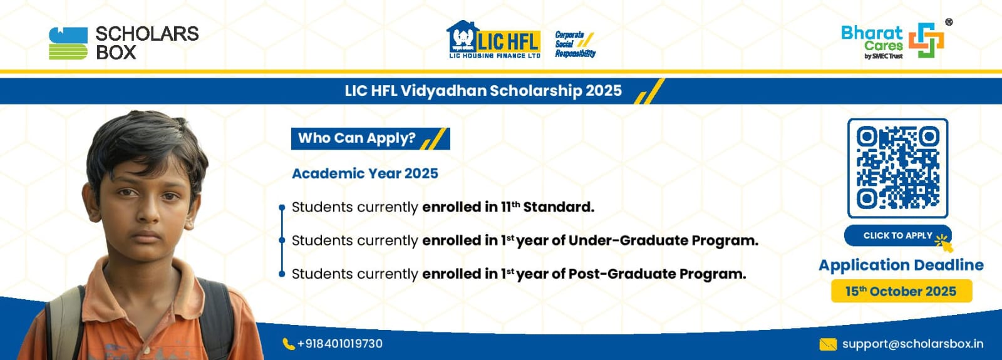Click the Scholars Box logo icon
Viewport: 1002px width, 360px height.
coord(68,43)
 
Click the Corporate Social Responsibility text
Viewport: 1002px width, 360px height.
coord(576,44)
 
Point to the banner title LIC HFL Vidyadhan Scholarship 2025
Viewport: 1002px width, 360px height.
coord(483,91)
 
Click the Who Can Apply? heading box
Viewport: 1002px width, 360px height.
coord(370,138)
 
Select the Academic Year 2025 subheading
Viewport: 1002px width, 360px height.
coord(365,173)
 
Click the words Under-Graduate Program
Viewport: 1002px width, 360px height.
coord(663,240)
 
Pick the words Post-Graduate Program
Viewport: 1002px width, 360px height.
coord(657,274)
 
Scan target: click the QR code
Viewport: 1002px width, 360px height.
coord(898,168)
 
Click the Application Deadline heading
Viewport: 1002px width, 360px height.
coord(901,265)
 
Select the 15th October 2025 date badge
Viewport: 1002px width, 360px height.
coord(901,291)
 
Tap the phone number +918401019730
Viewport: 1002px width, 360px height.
coord(340,344)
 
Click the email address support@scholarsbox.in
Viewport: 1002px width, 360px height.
coord(913,344)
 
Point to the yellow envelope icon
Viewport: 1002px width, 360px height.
coord(827,344)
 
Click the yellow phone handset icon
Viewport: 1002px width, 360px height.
coord(289,344)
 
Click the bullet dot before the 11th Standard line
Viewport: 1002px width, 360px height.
coord(282,207)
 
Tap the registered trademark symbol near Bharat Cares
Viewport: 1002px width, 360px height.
coord(948,22)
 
